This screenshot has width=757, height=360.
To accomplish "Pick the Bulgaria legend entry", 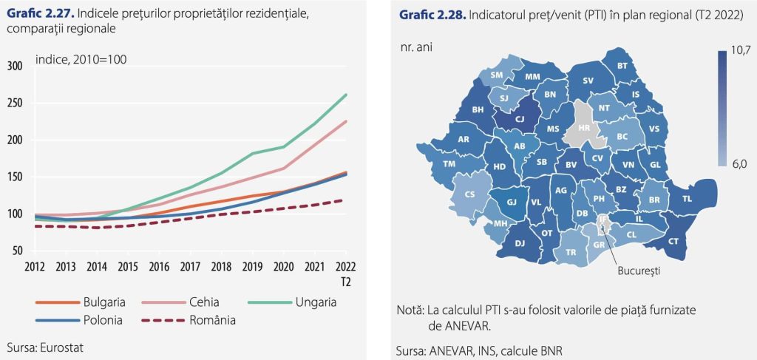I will coord(104,302).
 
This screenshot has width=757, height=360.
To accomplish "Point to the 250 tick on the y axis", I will coord(16,103).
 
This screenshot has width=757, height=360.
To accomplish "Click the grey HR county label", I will coord(584,128).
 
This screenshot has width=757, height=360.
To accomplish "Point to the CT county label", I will coord(673,241).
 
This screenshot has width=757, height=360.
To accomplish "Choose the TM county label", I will coord(449,164).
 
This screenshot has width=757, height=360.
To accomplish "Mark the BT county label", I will coord(622,67).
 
